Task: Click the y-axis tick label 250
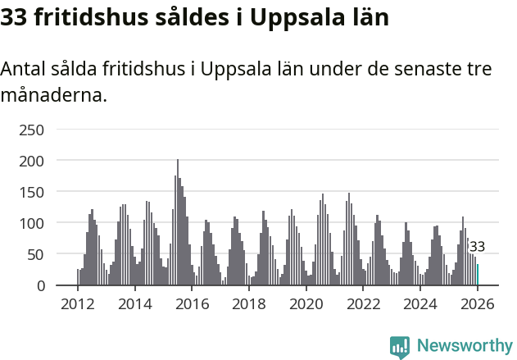coord(32,130)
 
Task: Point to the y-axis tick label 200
coord(32,161)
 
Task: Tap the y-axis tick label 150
coord(32,192)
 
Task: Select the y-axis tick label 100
coord(32,223)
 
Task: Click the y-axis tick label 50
coord(36,254)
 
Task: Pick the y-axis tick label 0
coord(40,285)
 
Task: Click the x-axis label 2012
coord(78,305)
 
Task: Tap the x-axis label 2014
coord(135,305)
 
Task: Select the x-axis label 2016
coord(193,305)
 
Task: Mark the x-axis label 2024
coord(421,305)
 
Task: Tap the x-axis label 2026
coord(478,305)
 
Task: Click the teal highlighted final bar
coord(478,276)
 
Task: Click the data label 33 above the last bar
coord(477,247)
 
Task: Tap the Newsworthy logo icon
coord(400,347)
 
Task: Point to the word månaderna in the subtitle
coord(53,96)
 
